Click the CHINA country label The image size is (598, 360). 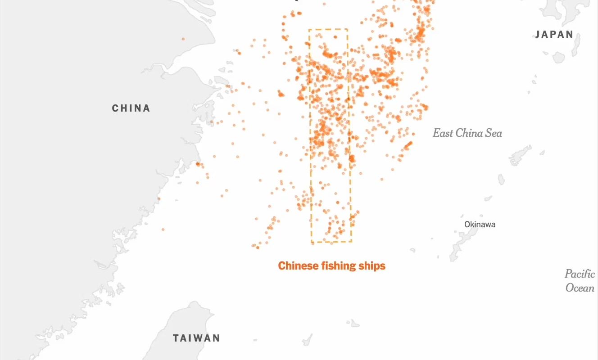click(131, 108)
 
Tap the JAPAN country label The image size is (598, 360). click(554, 35)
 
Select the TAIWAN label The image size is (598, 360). click(197, 338)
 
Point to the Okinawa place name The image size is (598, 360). click(480, 224)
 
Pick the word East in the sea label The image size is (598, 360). click(443, 133)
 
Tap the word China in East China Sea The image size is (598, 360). click(468, 133)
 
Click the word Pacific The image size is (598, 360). click(580, 274)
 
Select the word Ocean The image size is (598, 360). click(580, 288)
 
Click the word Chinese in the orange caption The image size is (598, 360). click(295, 266)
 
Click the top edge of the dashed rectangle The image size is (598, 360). click(328, 29)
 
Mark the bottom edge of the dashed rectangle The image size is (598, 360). click(331, 242)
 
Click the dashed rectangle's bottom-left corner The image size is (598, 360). click(312, 242)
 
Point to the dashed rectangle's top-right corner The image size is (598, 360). click(347, 29)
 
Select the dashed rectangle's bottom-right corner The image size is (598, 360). click(351, 242)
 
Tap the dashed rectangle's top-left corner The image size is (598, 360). click(309, 29)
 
